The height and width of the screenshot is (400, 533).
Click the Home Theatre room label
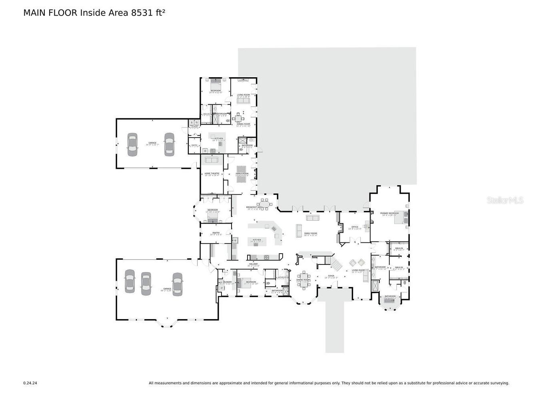coord(212,174)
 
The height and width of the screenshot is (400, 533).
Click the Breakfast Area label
coord(254,208)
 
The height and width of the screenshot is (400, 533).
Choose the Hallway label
coord(254,264)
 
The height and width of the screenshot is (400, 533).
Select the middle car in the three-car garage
coord(146,284)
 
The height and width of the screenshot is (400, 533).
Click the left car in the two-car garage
coord(132,144)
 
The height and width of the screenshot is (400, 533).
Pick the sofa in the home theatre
coord(212,160)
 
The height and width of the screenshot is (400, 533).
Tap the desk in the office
coord(367,226)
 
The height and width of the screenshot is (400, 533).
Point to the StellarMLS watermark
coord(505,200)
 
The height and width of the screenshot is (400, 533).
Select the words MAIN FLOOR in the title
coord(50,13)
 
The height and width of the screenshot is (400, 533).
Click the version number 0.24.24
coord(30,383)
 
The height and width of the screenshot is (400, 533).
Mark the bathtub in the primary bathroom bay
coord(390,302)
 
